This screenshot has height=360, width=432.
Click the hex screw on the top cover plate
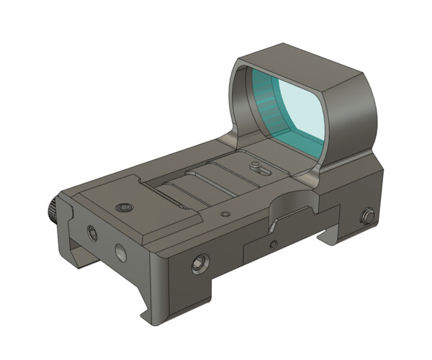[x=125, y=207]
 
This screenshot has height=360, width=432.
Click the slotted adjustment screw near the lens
[x=257, y=167]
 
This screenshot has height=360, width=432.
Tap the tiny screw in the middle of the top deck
[x=225, y=214]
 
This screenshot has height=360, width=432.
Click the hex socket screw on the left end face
[x=91, y=232]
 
